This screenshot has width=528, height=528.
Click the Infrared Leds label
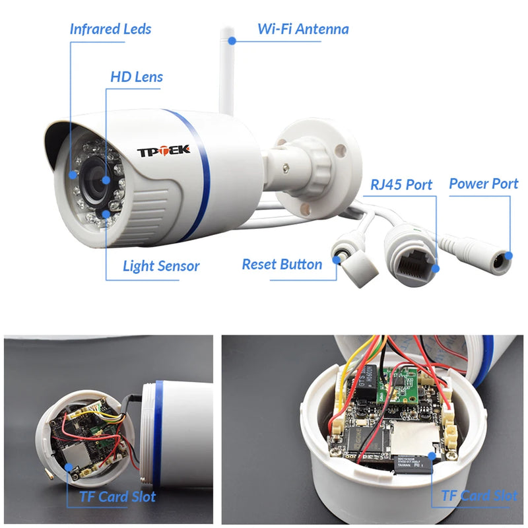(110, 29)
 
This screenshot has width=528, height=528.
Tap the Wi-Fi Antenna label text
(303, 29)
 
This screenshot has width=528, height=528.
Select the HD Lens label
(136, 77)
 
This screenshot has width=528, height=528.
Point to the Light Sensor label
(161, 266)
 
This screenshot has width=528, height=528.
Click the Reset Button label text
(282, 265)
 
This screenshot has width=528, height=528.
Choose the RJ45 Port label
(401, 184)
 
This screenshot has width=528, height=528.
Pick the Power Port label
(483, 183)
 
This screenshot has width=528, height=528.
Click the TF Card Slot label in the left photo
(117, 496)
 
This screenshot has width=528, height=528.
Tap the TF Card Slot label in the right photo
(479, 496)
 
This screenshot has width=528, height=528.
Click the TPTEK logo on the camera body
(163, 150)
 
